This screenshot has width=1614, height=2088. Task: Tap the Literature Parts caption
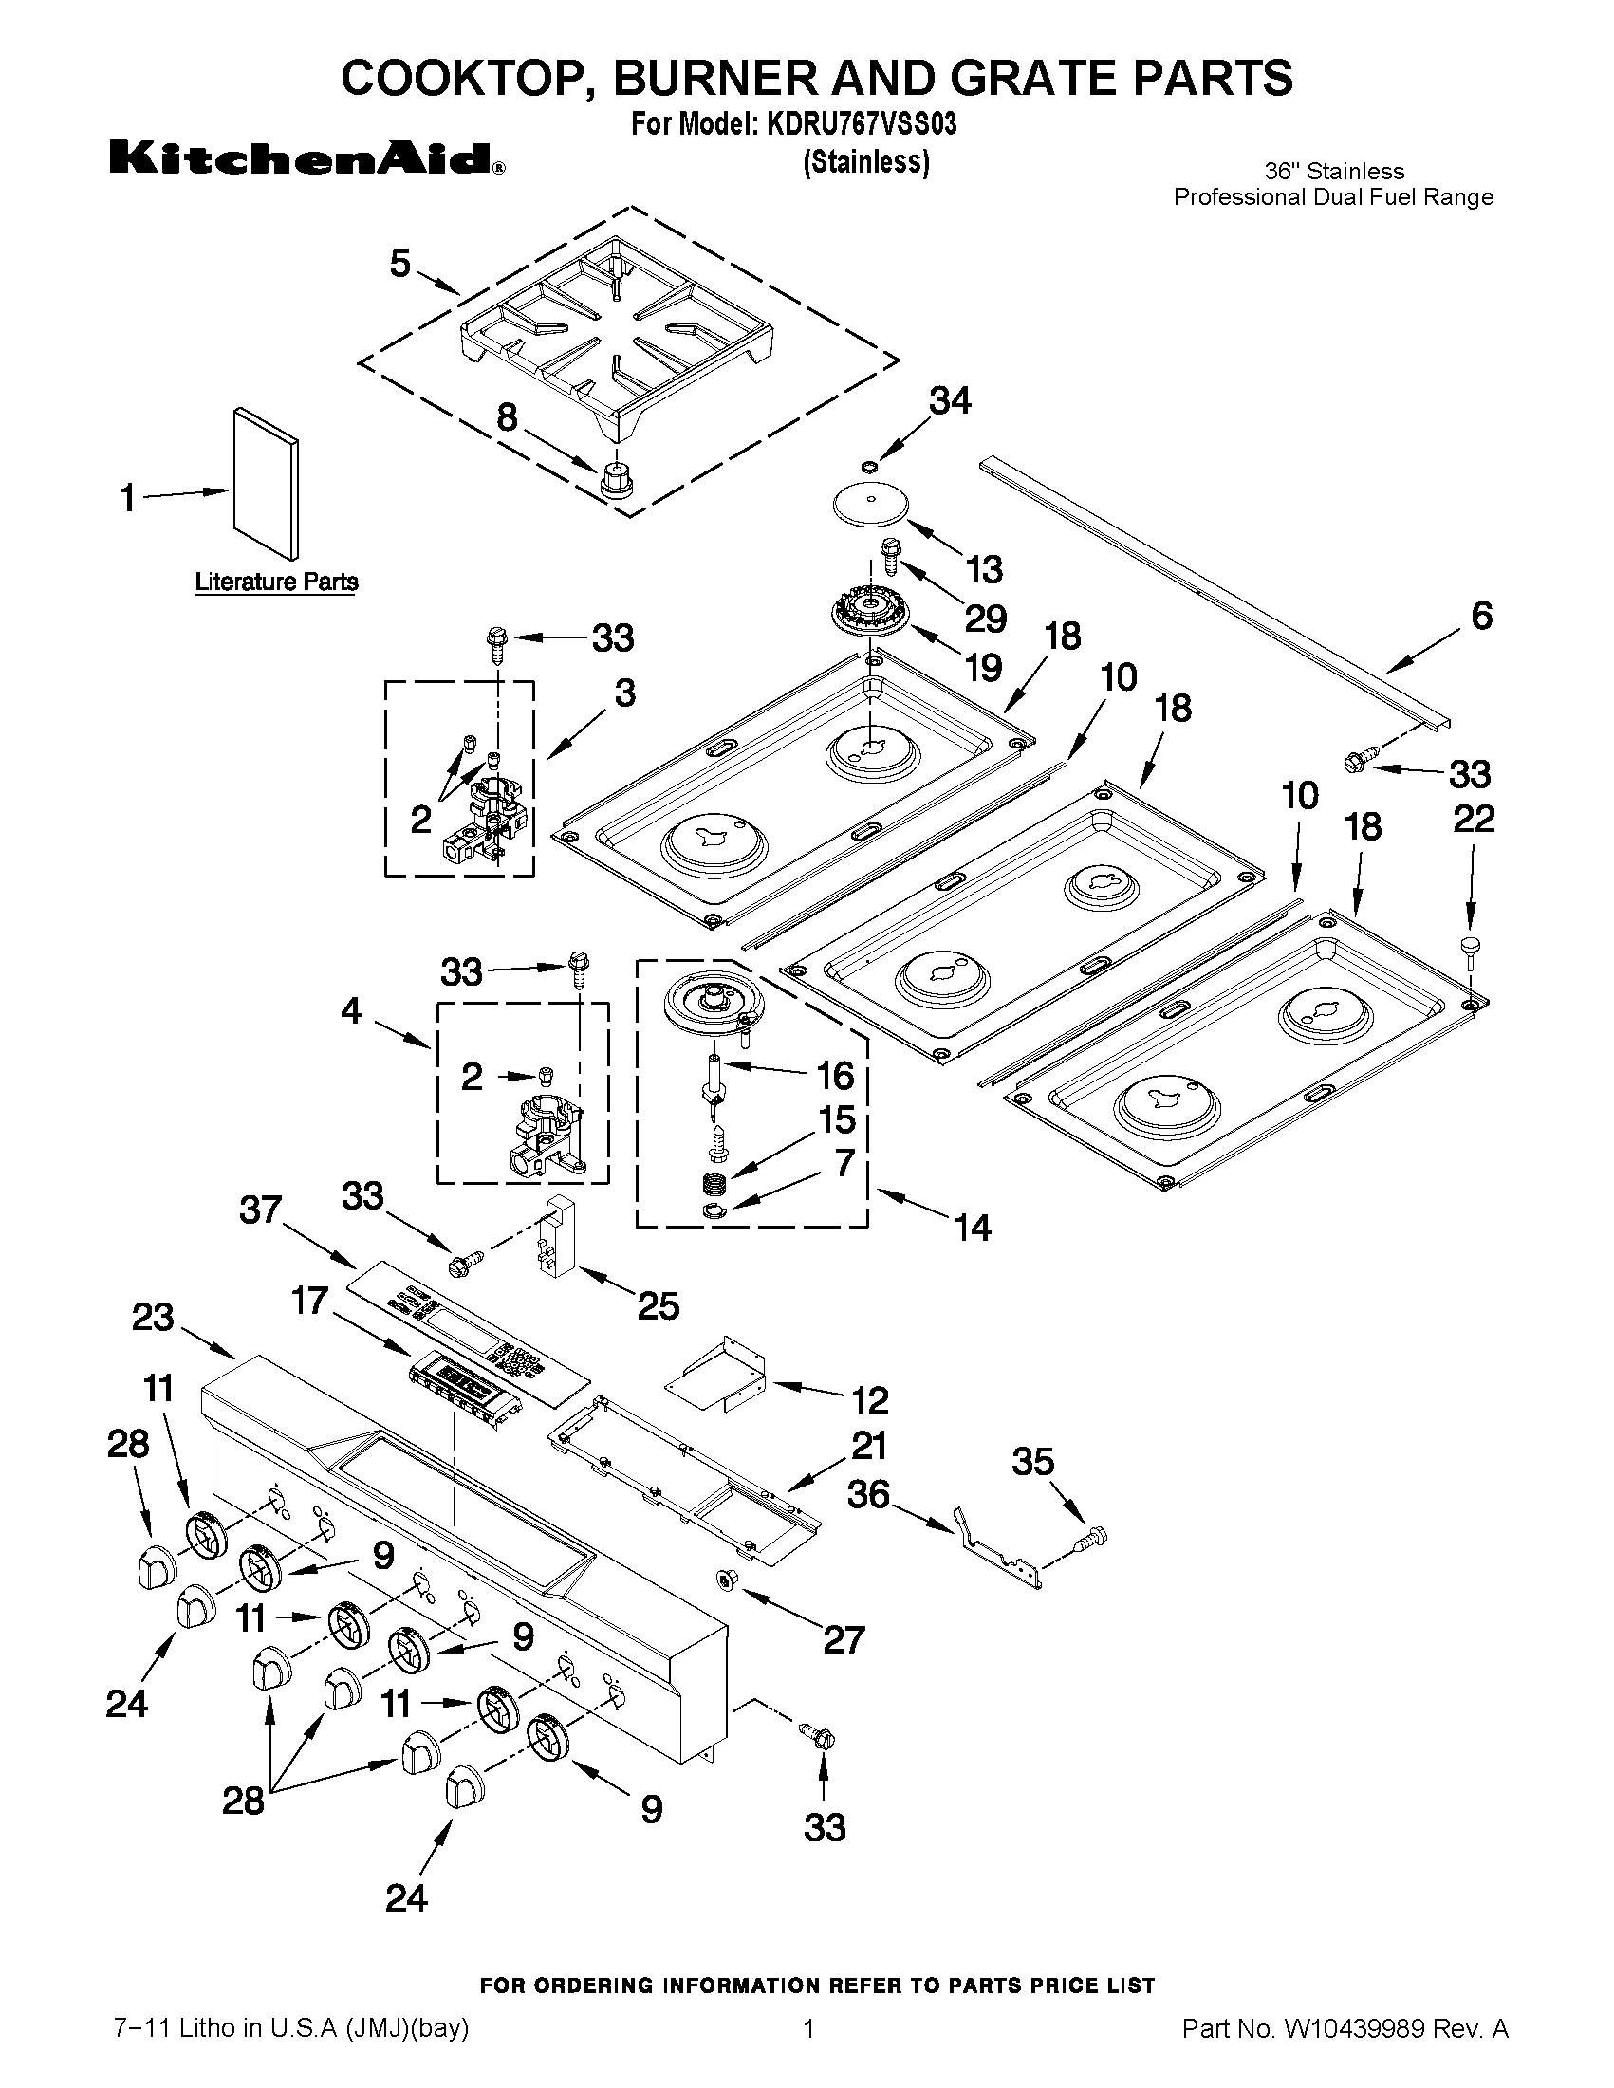(276, 582)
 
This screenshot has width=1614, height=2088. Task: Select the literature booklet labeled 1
(265, 482)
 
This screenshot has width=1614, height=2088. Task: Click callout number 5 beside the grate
(399, 263)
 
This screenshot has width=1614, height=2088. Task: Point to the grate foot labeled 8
(617, 476)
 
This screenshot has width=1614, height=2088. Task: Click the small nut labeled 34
(867, 468)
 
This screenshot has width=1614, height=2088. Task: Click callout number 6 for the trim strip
(1480, 616)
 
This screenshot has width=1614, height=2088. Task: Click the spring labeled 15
(715, 1185)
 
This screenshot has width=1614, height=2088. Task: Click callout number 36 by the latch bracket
(867, 1493)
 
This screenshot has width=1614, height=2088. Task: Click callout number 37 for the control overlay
(260, 1210)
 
